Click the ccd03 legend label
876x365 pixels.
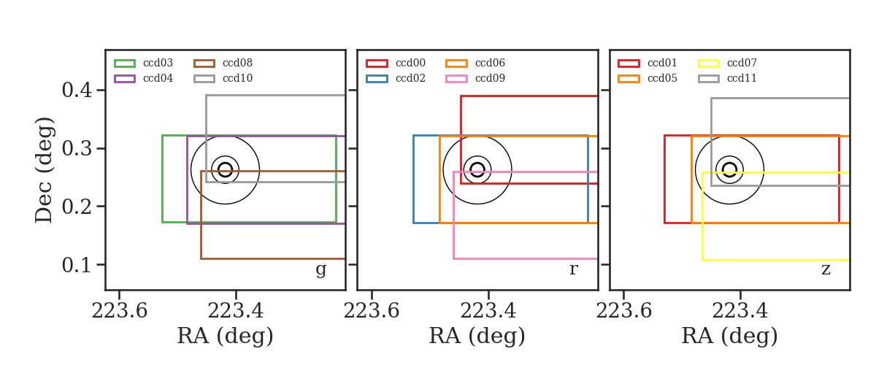(x=158, y=63)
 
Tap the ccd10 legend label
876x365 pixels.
(x=237, y=78)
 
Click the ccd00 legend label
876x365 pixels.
(x=410, y=63)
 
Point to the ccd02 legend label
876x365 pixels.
(x=410, y=78)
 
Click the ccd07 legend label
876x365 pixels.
(x=742, y=63)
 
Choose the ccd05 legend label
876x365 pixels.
(x=663, y=78)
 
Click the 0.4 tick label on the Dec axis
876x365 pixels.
(x=77, y=91)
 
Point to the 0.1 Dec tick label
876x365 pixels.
(x=77, y=265)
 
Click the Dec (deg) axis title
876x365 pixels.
(x=44, y=170)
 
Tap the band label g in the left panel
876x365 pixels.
(x=320, y=270)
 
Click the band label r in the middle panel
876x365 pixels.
(x=573, y=269)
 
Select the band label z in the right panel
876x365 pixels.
(x=826, y=269)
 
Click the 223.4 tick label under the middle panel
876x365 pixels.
(x=488, y=311)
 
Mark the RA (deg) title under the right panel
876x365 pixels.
(x=730, y=337)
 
